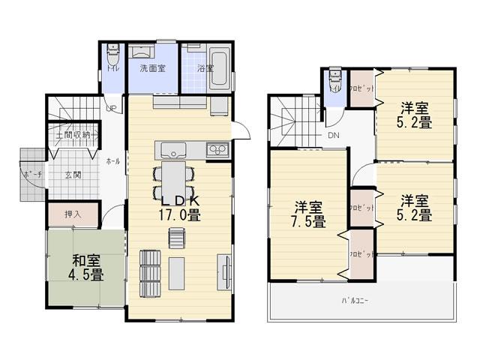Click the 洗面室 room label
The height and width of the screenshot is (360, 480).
point(152,68)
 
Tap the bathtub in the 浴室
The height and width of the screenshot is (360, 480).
point(220,61)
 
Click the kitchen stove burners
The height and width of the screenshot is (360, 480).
point(218,149)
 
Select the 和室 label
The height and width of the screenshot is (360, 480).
point(87,261)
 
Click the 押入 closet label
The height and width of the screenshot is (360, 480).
point(73,214)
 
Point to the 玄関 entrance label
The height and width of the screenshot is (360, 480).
point(73,175)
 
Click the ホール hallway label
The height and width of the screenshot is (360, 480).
point(112,161)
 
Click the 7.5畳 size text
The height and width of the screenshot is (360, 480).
point(308,221)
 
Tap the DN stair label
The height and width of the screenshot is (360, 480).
point(333,136)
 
